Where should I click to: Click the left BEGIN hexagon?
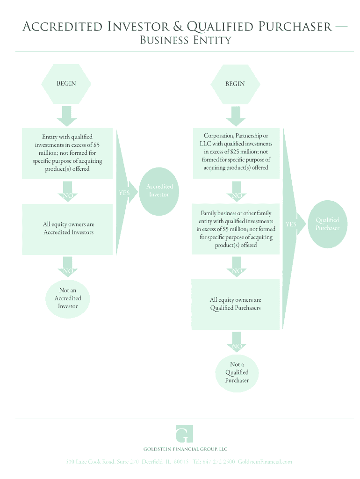(x=66, y=84)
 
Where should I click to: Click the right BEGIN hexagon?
(x=235, y=84)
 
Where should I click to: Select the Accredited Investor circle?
(x=159, y=191)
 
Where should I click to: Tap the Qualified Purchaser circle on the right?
(x=327, y=224)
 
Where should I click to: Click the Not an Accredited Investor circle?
(x=68, y=298)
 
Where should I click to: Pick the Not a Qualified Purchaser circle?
(x=237, y=372)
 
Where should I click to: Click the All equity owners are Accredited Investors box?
(x=68, y=229)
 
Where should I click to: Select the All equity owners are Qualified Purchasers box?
(x=235, y=304)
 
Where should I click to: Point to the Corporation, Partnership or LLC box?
(x=236, y=152)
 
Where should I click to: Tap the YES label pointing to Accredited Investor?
(x=124, y=193)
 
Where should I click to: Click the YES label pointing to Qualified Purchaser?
(x=291, y=225)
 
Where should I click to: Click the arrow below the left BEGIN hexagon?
(x=67, y=116)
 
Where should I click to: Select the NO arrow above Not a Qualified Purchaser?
(x=237, y=341)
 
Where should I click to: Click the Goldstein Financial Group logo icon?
(x=184, y=434)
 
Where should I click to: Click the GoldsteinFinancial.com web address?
(x=265, y=462)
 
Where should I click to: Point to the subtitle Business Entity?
(x=186, y=41)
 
